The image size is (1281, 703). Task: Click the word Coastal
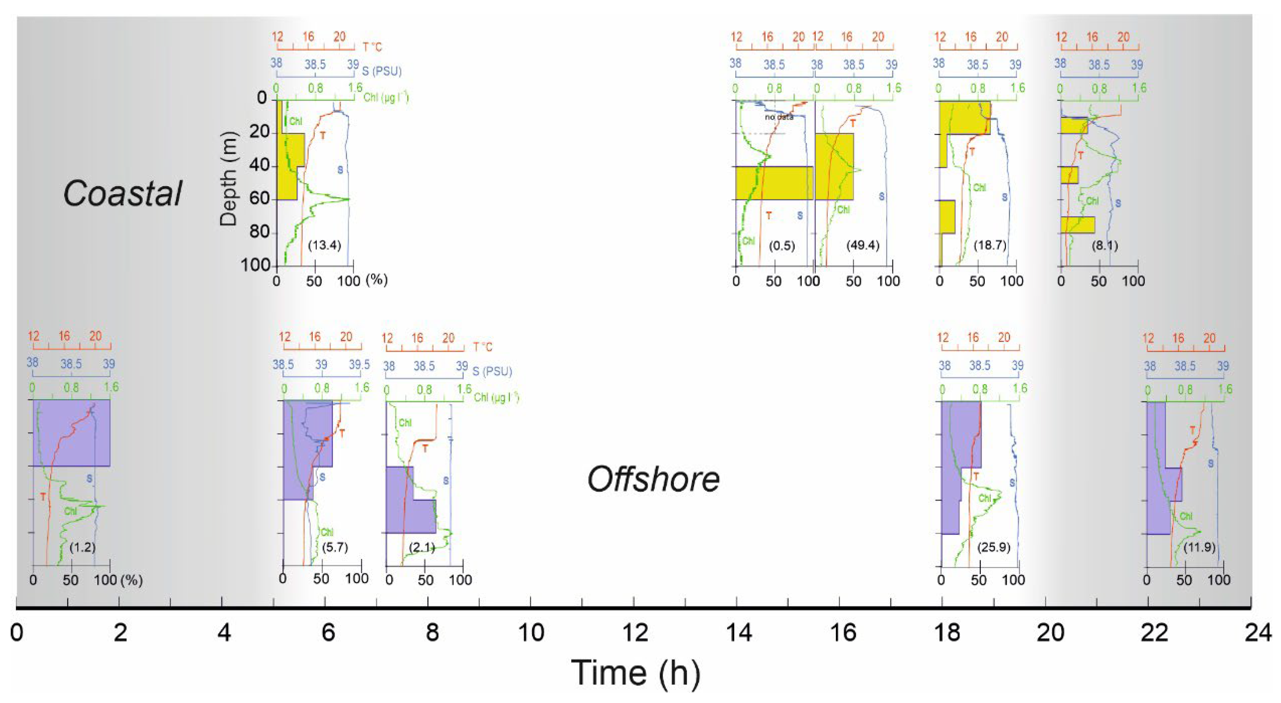tap(122, 194)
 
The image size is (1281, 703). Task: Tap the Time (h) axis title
tap(636, 673)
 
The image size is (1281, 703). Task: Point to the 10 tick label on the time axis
tap(531, 633)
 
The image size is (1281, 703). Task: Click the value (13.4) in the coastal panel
tap(324, 245)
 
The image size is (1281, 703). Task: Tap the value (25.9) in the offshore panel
tap(994, 547)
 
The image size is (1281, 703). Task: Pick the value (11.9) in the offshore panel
tap(1200, 547)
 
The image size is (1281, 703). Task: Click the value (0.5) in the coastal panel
tap(782, 245)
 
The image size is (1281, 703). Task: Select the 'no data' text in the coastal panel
tap(779, 117)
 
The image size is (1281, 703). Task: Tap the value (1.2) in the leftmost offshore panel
tap(82, 547)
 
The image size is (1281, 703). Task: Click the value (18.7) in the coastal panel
tap(990, 245)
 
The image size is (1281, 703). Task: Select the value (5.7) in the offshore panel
tap(335, 547)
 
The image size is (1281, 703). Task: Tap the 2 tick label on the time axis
tap(120, 633)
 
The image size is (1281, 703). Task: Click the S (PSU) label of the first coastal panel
tap(381, 71)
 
